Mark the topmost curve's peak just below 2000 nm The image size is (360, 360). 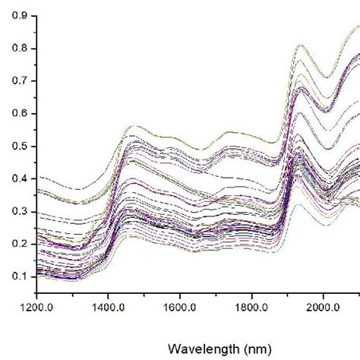[x=301, y=46]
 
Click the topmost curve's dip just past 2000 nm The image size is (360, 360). [x=327, y=77]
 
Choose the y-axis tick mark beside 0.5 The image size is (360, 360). [x=35, y=146]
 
